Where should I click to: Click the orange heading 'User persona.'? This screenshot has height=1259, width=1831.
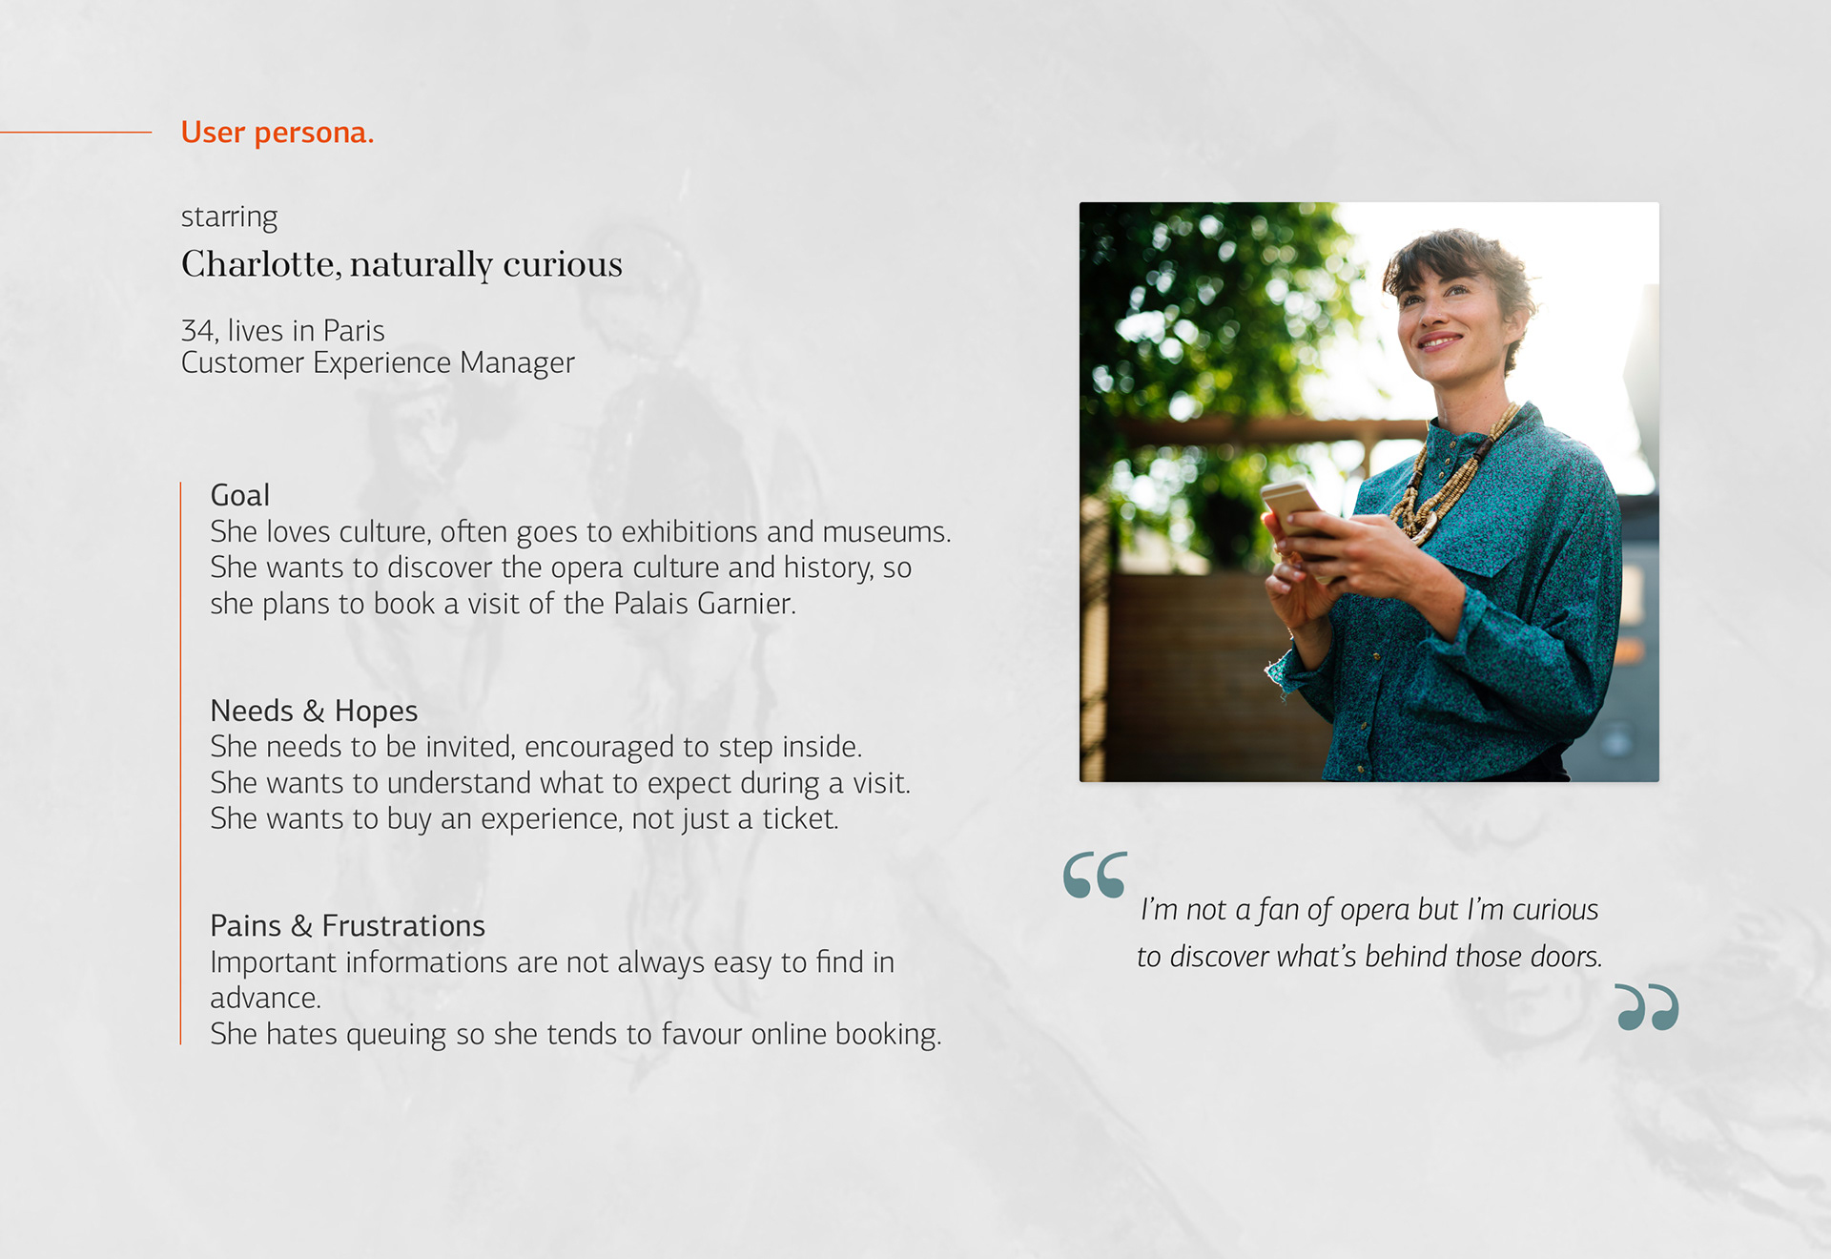click(x=277, y=133)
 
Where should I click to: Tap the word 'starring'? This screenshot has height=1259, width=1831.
click(x=229, y=217)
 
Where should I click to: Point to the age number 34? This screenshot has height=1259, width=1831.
click(x=197, y=331)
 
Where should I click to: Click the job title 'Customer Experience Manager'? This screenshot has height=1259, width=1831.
click(x=378, y=363)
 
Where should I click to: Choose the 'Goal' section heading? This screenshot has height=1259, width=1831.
click(x=240, y=495)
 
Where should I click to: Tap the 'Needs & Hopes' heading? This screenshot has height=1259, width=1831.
click(x=314, y=711)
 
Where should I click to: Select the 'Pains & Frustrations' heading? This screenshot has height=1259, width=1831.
click(x=347, y=926)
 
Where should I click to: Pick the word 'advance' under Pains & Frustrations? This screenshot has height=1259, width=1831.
click(x=263, y=999)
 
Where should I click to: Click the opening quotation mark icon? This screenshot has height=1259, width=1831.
click(x=1095, y=875)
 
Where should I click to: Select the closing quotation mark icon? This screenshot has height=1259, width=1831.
click(x=1647, y=1007)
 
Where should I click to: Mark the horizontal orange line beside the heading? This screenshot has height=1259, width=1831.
click(x=76, y=132)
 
